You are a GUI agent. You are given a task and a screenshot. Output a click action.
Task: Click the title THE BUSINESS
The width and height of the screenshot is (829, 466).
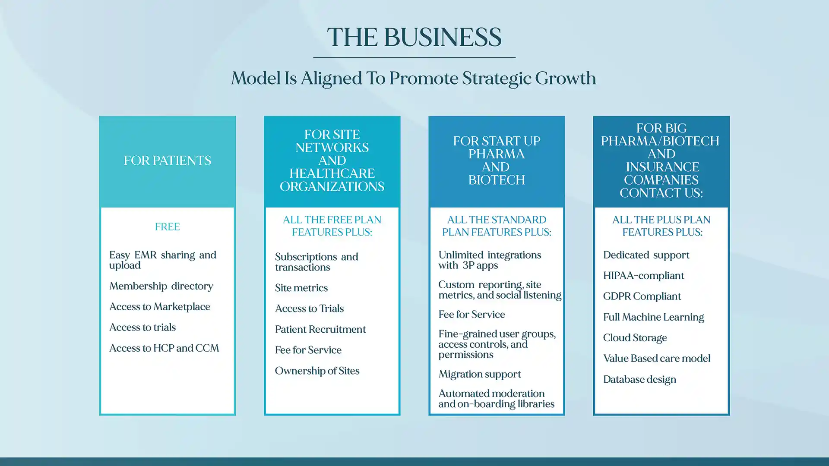point(414,37)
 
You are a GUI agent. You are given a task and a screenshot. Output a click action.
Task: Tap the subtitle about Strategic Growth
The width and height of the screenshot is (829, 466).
point(413,79)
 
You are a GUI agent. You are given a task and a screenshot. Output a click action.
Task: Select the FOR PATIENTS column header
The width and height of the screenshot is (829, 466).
point(168,161)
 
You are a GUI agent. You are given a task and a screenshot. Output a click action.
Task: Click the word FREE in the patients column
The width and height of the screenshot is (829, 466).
point(168,227)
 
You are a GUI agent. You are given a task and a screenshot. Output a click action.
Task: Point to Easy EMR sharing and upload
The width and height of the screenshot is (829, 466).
point(163,260)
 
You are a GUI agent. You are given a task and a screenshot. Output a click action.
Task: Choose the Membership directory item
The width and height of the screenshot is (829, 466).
point(161,286)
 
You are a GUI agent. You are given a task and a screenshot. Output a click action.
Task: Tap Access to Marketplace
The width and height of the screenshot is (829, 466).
point(160,307)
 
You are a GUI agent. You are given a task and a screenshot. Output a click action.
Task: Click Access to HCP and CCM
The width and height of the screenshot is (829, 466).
point(164,348)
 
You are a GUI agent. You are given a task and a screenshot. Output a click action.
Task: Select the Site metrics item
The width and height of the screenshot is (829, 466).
point(301,288)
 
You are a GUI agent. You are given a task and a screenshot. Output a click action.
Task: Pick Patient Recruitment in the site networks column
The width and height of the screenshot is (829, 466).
point(320,329)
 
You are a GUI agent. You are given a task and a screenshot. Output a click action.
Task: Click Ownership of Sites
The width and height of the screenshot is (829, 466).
point(317,371)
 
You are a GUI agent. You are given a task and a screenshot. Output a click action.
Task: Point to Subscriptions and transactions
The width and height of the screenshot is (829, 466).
point(316,262)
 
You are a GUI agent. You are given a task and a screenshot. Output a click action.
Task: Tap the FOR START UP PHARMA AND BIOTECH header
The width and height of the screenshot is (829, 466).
point(497,161)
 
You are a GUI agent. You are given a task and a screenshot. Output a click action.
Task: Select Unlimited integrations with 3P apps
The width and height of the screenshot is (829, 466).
point(490,260)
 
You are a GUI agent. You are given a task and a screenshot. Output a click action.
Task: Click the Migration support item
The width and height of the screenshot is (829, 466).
point(480,374)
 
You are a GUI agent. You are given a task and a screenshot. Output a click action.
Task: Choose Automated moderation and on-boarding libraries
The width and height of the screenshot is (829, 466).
point(497,399)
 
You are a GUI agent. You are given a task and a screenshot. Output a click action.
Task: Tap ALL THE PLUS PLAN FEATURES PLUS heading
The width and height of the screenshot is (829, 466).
point(661,226)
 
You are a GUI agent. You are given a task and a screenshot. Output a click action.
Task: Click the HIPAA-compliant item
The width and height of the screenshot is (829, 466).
point(643,276)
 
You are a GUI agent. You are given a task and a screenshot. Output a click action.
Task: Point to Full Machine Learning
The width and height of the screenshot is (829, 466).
point(653,317)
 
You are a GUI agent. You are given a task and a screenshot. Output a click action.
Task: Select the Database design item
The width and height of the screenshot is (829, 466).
point(639,380)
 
